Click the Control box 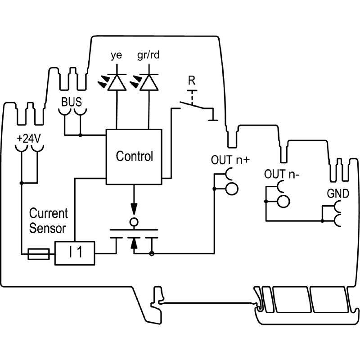(134, 157)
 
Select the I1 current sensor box (75, 253)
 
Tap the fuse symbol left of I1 (39, 254)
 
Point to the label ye (116, 57)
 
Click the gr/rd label (148, 57)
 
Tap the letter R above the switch (192, 81)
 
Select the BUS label (72, 101)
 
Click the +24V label (29, 139)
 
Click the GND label (337, 194)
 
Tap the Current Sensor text (48, 220)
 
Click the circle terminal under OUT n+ (231, 189)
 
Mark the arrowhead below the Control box (134, 209)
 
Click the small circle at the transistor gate (134, 222)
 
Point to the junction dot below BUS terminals (80, 135)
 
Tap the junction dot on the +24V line (22, 183)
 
